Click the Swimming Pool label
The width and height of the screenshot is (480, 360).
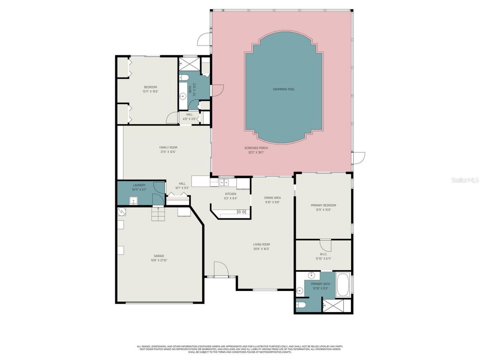283,89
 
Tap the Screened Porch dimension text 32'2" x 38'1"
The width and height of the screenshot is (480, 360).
256,152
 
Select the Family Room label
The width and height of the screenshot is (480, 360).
168,147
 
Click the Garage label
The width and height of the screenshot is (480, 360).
159,256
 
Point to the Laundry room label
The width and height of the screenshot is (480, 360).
139,185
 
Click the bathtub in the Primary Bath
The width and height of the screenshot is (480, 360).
343,285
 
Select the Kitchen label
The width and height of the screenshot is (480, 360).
230,194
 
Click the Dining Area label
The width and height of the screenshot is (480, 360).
272,198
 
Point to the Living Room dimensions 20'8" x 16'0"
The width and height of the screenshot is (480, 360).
261,249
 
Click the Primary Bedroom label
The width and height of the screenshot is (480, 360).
323,205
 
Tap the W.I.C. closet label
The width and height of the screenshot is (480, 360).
323,254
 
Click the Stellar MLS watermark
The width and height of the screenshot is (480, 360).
465,180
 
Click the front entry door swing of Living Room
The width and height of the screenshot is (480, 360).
221,268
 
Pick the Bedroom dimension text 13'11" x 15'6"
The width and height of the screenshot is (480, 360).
150,91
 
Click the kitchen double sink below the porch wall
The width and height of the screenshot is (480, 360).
224,183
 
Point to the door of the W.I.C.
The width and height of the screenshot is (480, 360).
325,246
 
